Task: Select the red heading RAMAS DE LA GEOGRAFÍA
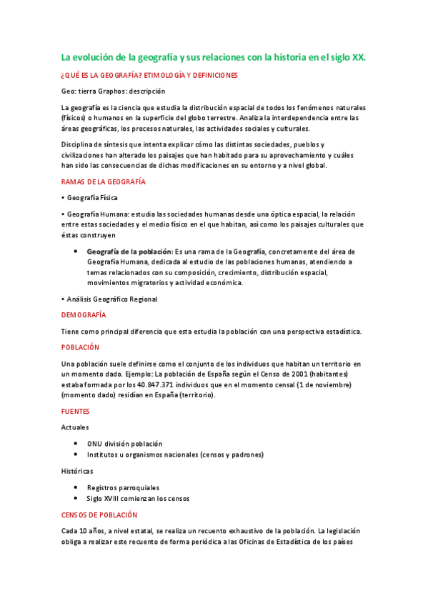click(104, 182)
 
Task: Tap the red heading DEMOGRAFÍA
click(84, 314)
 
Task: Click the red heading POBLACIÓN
click(80, 347)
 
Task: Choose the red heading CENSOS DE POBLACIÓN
click(99, 515)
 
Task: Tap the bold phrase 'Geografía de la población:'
click(129, 252)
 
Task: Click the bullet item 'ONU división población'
click(124, 444)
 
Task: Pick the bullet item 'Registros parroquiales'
click(123, 487)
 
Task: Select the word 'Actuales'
click(75, 427)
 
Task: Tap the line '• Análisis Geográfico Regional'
click(109, 299)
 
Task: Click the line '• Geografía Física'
click(89, 197)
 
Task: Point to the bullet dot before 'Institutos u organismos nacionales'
click(76, 454)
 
